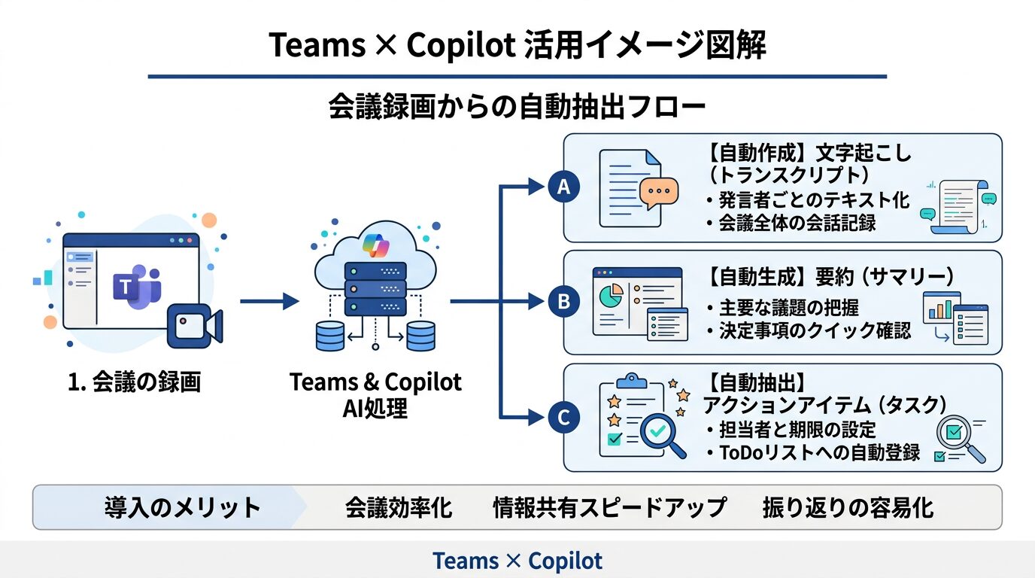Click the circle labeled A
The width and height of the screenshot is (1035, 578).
coord(563,187)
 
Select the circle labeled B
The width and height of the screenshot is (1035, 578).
coord(563,302)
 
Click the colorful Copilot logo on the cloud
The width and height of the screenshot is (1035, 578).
coord(374,245)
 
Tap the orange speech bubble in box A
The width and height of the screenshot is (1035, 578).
coord(658,193)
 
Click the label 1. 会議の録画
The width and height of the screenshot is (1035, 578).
coord(135,382)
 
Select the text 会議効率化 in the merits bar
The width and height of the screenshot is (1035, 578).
coord(399,507)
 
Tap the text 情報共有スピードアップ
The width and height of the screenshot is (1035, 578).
coord(609,507)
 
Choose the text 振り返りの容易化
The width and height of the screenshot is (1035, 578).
coord(848,507)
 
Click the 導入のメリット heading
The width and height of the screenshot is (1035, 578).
coord(182,507)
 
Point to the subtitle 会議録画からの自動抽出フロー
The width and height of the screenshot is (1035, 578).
coord(517,106)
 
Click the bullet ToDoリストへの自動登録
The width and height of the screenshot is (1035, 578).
coord(812,452)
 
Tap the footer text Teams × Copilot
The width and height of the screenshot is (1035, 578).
coord(517,561)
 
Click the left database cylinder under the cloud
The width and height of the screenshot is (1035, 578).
coord(330,336)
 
